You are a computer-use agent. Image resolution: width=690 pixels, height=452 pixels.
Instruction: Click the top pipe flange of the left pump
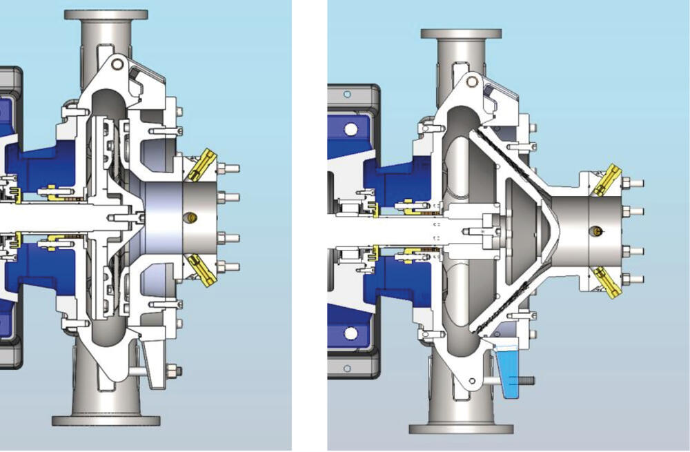pyautogui.click(x=106, y=15)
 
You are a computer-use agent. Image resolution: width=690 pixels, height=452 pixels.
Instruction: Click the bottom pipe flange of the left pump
pyautogui.click(x=106, y=420)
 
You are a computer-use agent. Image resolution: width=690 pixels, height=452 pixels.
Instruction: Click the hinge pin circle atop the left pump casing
pyautogui.click(x=117, y=64)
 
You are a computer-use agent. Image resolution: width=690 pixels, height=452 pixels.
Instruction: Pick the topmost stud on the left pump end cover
pyautogui.click(x=230, y=168)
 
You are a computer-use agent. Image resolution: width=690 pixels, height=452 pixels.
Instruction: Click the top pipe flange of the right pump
pyautogui.click(x=461, y=34)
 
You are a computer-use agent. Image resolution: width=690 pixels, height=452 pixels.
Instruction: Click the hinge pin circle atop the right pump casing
pyautogui.click(x=472, y=82)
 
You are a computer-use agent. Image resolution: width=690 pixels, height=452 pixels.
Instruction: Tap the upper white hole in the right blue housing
pyautogui.click(x=351, y=129)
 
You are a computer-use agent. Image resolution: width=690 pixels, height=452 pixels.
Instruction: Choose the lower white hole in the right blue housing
pyautogui.click(x=351, y=333)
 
